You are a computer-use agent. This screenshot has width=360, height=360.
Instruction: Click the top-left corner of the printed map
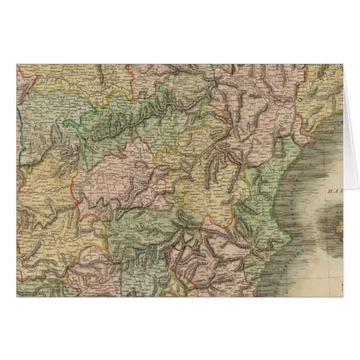click(x=17, y=65)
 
